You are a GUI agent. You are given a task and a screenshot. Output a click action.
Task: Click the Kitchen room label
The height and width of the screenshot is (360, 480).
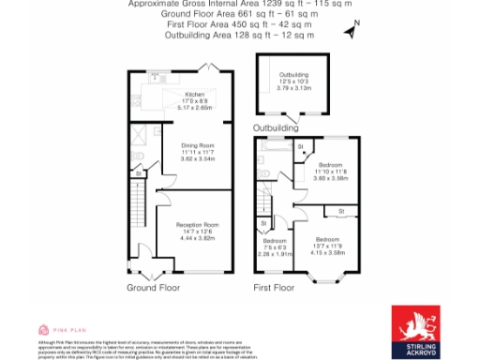click(195, 95)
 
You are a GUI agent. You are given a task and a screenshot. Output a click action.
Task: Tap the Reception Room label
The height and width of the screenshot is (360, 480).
click(198, 225)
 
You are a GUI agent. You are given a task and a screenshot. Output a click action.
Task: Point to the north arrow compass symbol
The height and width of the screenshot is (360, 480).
click(350, 33)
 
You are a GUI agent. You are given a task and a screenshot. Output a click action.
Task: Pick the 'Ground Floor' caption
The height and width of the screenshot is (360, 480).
click(153, 288)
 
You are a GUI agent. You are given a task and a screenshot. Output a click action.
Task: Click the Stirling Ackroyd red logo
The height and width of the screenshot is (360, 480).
click(419, 328)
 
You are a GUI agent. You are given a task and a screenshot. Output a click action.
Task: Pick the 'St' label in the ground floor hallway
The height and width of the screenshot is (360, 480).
click(138, 173)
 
